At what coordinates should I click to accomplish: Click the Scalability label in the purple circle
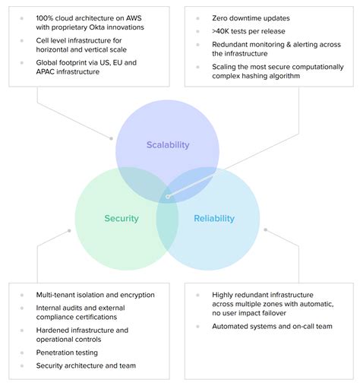[168, 144]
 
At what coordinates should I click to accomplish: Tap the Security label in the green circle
[122, 219]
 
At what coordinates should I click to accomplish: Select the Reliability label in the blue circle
[214, 219]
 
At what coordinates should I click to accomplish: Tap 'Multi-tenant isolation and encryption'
[95, 294]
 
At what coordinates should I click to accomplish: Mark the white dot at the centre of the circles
[168, 197]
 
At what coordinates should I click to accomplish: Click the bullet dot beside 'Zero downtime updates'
[197, 16]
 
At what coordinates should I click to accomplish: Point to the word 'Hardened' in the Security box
[54, 331]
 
